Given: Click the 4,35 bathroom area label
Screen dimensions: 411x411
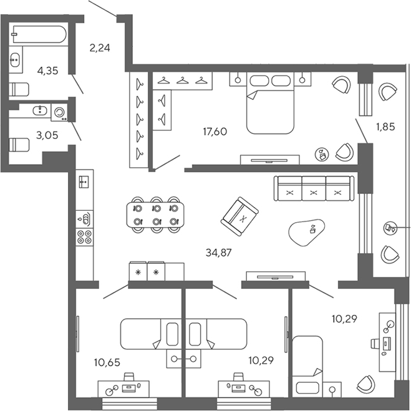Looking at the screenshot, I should tap(48, 71).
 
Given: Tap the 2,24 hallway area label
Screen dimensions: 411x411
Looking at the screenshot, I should tap(100, 47).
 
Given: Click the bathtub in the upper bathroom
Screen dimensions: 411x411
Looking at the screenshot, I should tap(39, 34).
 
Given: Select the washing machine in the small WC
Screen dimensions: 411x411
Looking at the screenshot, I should tap(60, 112).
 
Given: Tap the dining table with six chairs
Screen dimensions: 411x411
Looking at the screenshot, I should tap(156, 215).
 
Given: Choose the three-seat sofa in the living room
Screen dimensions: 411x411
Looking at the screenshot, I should tap(313, 188).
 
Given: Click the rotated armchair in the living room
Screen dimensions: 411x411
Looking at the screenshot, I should tap(239, 218).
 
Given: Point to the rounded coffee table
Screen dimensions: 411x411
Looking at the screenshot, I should tap(309, 232).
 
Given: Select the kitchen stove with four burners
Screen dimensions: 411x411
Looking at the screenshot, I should tap(84, 237).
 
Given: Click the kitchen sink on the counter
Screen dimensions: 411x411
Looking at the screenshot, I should tap(84, 181).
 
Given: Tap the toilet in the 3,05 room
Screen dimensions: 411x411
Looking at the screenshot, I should tap(20, 145).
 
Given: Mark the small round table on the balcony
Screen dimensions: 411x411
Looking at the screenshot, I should tap(391, 227).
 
